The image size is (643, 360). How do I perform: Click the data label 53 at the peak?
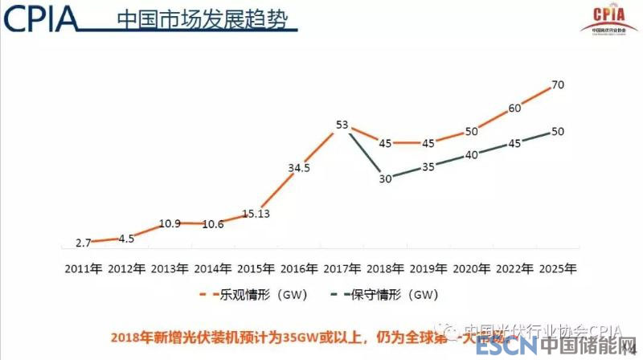tap(342, 125)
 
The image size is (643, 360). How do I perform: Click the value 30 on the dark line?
tap(386, 179)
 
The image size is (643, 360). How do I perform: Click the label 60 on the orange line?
tap(514, 108)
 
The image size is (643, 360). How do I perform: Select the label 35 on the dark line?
tap(428, 167)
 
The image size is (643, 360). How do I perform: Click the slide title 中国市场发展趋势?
tap(201, 18)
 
